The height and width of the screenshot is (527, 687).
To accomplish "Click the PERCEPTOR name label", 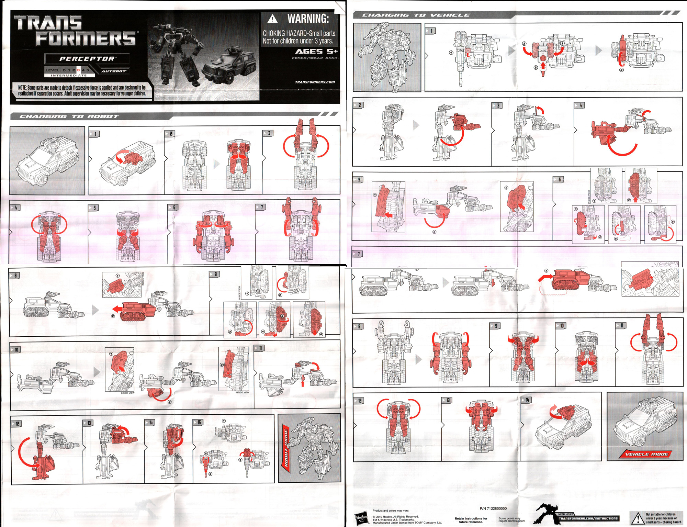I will click(x=87, y=59).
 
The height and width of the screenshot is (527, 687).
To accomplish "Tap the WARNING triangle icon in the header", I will click(x=272, y=19).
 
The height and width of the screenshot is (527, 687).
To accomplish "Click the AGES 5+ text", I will click(x=316, y=52).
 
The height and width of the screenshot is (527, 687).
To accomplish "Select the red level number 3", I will click(x=78, y=70).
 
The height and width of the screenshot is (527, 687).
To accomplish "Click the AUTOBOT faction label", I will click(x=114, y=71).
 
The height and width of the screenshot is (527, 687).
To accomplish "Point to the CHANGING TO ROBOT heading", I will click(x=69, y=116).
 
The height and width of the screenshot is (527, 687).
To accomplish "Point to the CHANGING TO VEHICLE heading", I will click(x=416, y=15).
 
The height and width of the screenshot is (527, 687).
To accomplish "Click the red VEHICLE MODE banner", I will click(x=646, y=454).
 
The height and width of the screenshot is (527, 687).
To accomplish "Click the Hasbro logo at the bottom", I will click(x=361, y=518).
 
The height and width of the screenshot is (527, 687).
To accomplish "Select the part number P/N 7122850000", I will click(x=493, y=508).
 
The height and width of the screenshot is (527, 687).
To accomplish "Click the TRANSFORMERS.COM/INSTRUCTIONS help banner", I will click(x=588, y=518).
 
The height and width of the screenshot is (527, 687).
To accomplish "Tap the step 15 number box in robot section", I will click(x=198, y=422).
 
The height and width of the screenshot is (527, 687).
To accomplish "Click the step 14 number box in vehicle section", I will click(x=527, y=400).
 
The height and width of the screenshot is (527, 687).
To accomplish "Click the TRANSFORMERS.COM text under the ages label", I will click(x=315, y=82).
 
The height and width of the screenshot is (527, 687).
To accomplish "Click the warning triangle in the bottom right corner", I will click(x=638, y=518).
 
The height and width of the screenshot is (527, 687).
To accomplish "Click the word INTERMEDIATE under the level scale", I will click(x=69, y=75).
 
